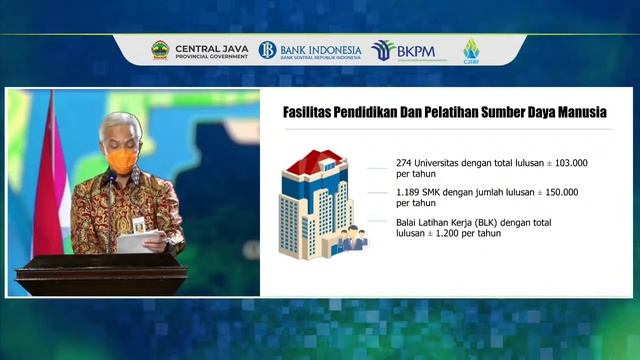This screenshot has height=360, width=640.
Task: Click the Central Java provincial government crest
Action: point(160,50)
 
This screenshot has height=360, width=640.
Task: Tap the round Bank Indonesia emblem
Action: point(267,50)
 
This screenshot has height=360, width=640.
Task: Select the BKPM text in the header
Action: point(415,50)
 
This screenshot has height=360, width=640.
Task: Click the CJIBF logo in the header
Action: point(470,50)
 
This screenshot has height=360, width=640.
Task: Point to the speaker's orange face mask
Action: point(122,160)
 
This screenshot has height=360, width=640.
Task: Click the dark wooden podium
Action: point(100,274)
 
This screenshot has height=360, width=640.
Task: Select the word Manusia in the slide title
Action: point(580,110)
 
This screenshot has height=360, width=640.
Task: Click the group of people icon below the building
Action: point(352,239)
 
